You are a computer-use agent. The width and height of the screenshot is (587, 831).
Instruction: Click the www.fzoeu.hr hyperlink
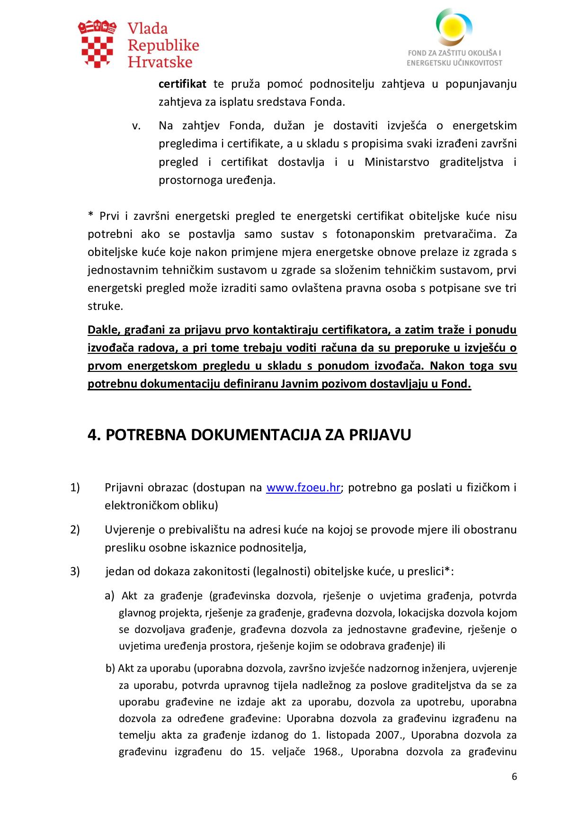coord(303,488)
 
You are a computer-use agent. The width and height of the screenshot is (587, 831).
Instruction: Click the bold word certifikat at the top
coord(182,84)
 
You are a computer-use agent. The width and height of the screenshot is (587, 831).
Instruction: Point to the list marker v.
coord(137,126)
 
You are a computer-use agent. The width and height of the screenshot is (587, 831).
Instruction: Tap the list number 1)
coord(75,488)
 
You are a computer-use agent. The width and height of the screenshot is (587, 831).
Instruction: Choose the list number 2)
coord(75,529)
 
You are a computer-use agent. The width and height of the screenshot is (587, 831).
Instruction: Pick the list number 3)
coord(75,571)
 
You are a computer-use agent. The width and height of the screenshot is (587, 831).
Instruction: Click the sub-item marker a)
coord(110,596)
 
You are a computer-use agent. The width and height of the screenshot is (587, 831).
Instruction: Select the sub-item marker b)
coord(110,668)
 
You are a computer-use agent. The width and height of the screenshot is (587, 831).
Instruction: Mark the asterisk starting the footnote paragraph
coord(91,216)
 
